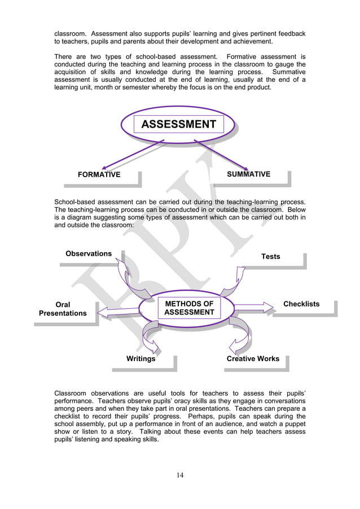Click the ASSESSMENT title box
[x=178, y=124]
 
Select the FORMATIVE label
[x=99, y=174]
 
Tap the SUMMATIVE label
[x=248, y=174]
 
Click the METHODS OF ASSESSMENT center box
[x=189, y=308]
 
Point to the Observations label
[x=89, y=253]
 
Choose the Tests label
[x=270, y=256]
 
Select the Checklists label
[x=301, y=304]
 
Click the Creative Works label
[x=253, y=358]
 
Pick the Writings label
[x=141, y=358]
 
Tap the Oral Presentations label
[x=63, y=309]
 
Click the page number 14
[x=179, y=475]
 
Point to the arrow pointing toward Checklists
[x=253, y=308]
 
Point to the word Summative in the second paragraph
[x=288, y=72]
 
